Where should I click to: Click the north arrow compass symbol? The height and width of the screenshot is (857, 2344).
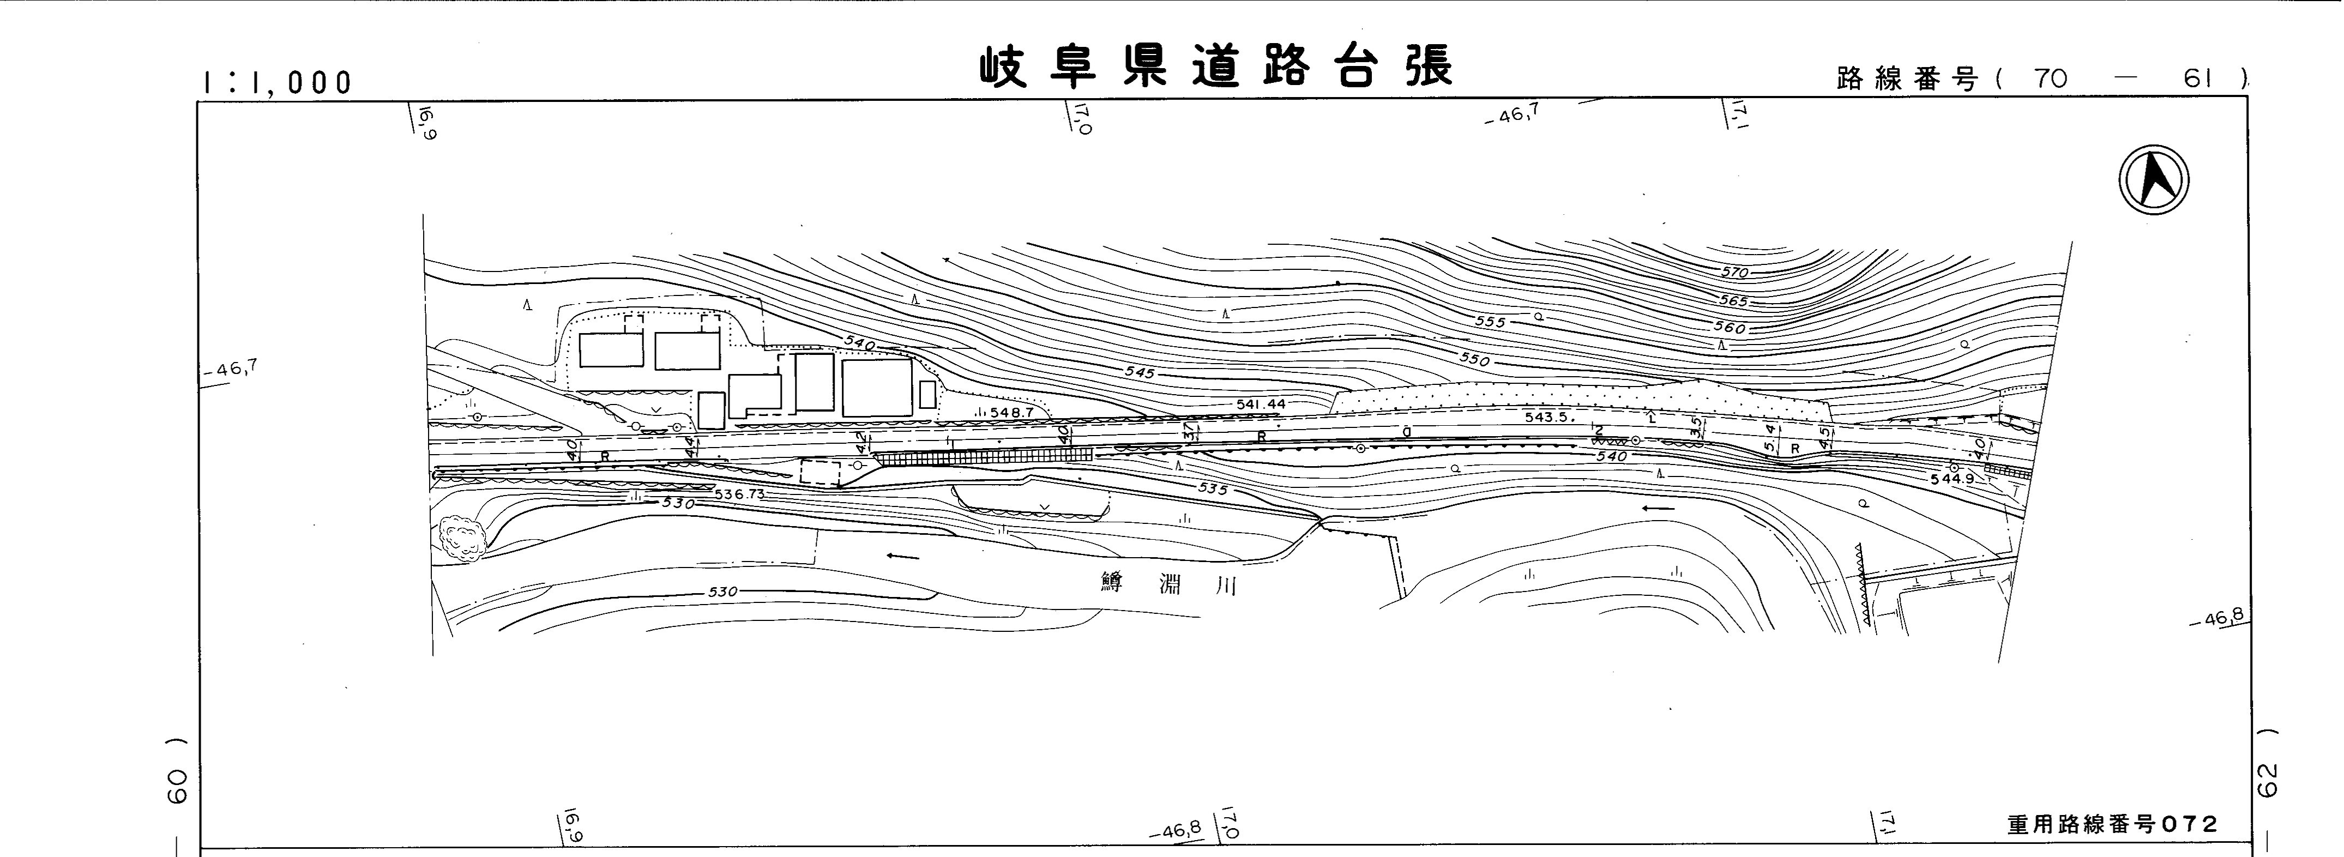[2154, 180]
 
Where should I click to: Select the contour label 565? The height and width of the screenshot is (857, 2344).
[1733, 301]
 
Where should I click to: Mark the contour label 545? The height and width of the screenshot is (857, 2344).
[1139, 373]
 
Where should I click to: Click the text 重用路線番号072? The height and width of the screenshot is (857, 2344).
[2113, 824]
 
